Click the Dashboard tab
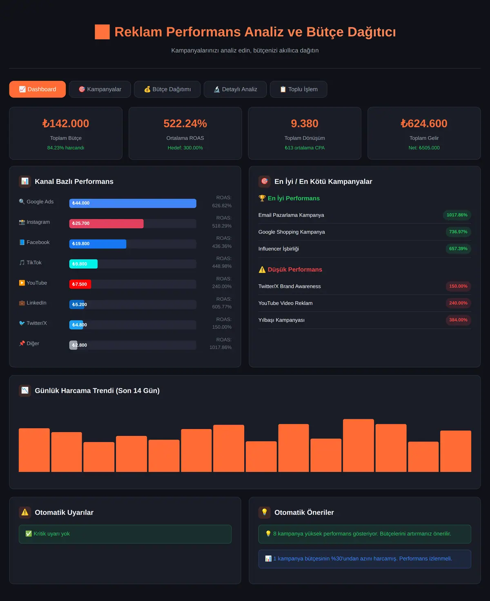tap(37, 89)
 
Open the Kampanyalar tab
tap(100, 89)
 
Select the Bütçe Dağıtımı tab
tap(167, 89)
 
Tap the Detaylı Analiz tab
tap(235, 89)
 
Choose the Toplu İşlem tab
tap(298, 89)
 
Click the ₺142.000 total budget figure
tap(66, 123)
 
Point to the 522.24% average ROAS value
tap(185, 123)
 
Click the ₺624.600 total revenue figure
tap(424, 123)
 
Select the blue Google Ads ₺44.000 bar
tap(133, 203)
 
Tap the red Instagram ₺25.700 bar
tap(106, 223)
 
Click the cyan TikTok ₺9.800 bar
tap(83, 264)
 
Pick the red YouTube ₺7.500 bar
tap(80, 284)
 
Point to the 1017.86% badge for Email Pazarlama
tap(457, 215)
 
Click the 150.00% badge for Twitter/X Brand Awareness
tap(458, 286)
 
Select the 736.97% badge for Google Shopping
tap(458, 232)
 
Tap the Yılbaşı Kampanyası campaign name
tap(281, 320)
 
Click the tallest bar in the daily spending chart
tap(359, 445)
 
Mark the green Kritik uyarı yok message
tap(125, 534)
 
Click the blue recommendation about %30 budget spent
tap(365, 559)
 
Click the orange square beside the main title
tap(102, 31)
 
